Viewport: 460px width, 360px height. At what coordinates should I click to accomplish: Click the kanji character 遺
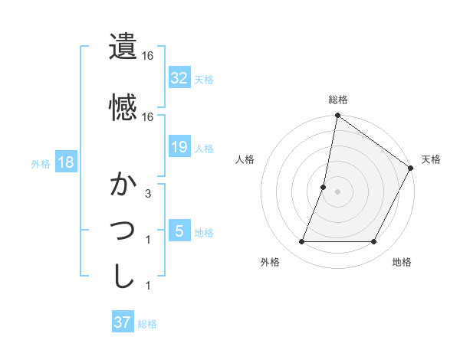[x=123, y=47]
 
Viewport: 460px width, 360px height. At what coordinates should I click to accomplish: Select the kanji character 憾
[x=123, y=107]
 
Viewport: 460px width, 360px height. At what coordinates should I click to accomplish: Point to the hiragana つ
[x=123, y=231]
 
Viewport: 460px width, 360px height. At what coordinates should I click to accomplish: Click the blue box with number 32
[x=179, y=79]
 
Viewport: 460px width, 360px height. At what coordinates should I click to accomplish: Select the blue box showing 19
[x=179, y=148]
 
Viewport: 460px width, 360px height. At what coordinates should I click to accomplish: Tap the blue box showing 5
[x=179, y=232]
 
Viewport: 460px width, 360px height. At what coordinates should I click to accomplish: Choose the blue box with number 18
[x=65, y=163]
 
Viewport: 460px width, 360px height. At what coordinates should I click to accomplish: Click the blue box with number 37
[x=123, y=322]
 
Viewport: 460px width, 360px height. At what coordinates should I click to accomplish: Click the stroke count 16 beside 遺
[x=147, y=56]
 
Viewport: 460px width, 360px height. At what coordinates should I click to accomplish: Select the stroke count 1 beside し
[x=147, y=286]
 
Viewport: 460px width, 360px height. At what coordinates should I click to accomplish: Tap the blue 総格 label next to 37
[x=147, y=324]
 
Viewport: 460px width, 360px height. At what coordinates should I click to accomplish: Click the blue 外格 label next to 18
[x=41, y=164]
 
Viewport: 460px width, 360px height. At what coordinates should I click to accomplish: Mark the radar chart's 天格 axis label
[x=431, y=159]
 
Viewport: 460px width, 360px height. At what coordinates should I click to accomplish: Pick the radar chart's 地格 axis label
[x=402, y=263]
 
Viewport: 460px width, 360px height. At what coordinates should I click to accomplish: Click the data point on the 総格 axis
[x=337, y=116]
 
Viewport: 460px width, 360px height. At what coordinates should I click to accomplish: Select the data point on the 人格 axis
[x=324, y=187]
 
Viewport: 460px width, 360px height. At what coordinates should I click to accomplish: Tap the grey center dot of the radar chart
[x=337, y=191]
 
